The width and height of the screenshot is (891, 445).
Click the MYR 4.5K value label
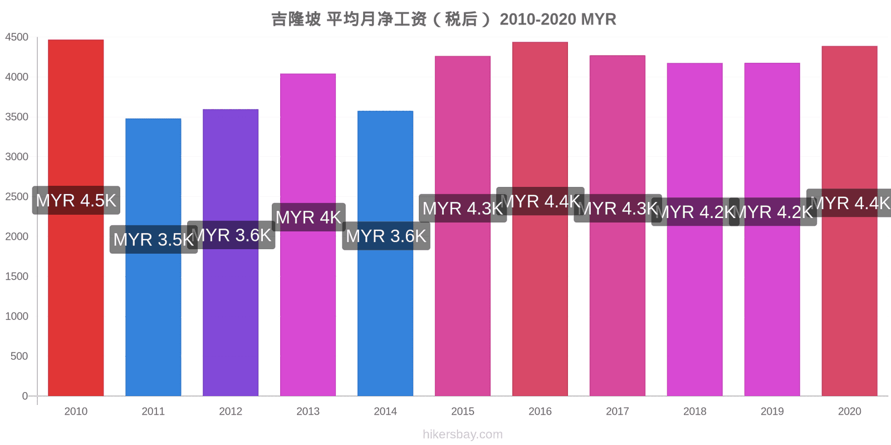coord(76,200)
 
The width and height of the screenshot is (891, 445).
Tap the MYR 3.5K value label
coord(153,240)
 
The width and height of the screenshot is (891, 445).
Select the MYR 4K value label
coord(309,217)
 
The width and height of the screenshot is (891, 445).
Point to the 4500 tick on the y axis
coord(17,37)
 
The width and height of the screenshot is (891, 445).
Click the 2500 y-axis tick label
coord(17,197)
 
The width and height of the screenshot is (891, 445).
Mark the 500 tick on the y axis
coord(19,356)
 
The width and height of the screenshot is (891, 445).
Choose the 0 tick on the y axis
coord(25,396)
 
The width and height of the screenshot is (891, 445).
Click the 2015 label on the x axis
coord(463,412)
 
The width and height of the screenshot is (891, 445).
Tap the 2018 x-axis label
coord(695,412)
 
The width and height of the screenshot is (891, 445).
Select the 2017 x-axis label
coord(618,412)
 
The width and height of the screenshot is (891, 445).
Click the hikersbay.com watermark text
coord(463,434)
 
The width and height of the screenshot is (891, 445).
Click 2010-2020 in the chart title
coord(538,19)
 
